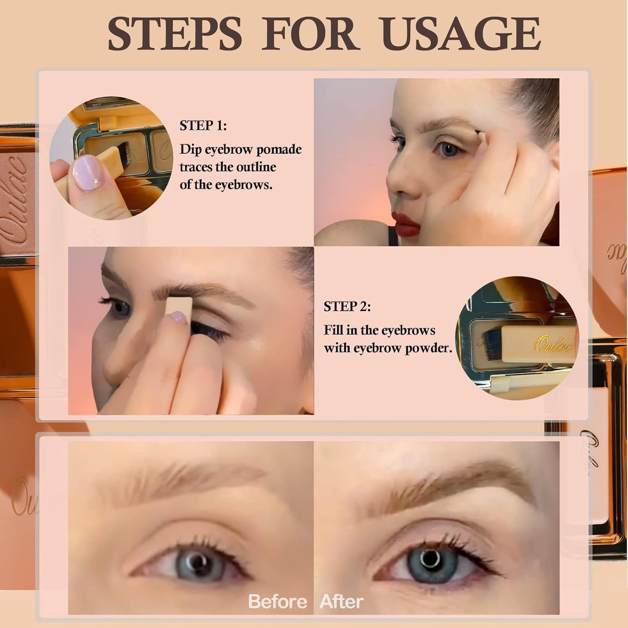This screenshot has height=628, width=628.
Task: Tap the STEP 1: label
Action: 203,126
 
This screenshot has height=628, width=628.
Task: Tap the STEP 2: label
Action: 347,306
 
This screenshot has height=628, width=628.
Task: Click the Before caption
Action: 277,602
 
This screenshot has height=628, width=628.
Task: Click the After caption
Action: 341,602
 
